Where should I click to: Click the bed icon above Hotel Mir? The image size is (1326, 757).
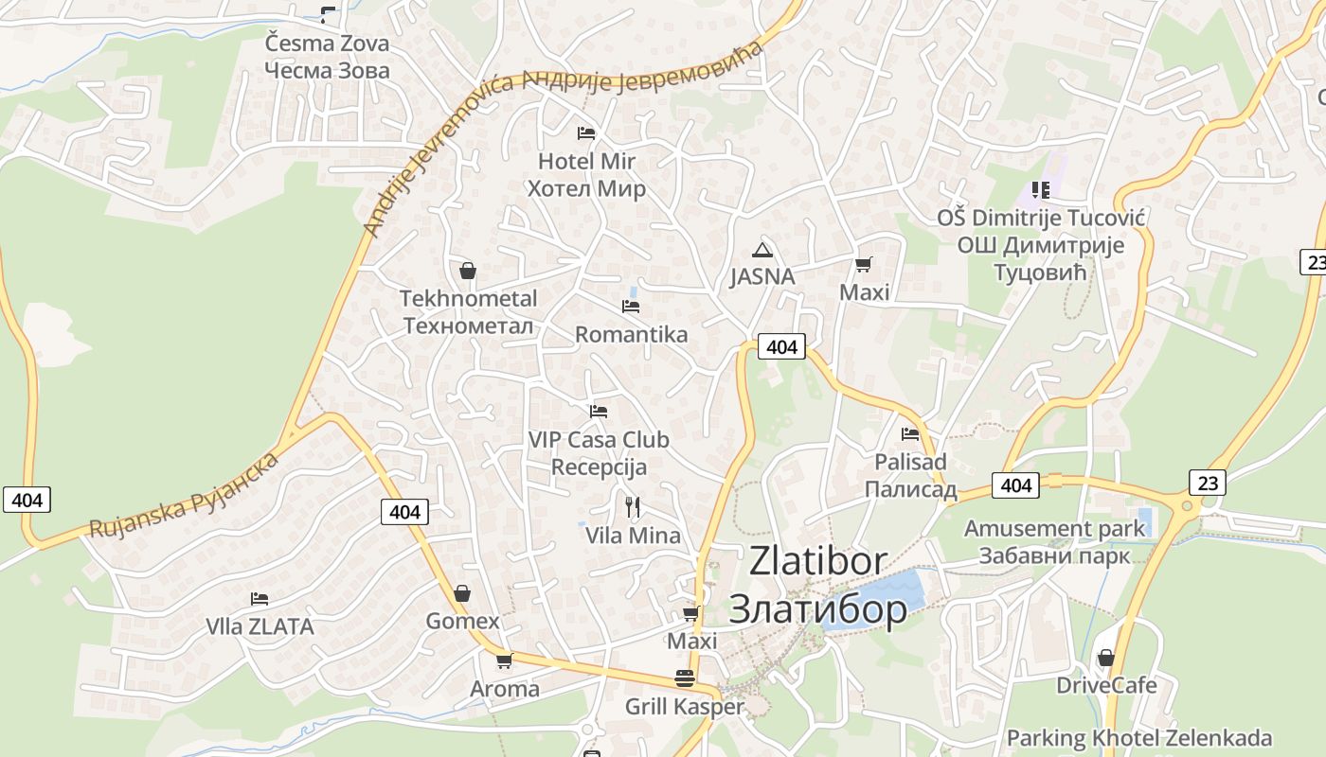pyautogui.click(x=586, y=132)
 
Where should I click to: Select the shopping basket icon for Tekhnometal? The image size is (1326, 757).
pyautogui.click(x=467, y=272)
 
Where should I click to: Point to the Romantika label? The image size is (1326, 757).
pyautogui.click(x=631, y=334)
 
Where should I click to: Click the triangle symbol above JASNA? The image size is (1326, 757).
pyautogui.click(x=762, y=251)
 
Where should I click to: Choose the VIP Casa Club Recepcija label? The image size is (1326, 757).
pyautogui.click(x=599, y=453)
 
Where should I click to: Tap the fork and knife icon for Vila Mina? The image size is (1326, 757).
pyautogui.click(x=633, y=508)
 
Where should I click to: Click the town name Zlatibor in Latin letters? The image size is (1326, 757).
pyautogui.click(x=818, y=560)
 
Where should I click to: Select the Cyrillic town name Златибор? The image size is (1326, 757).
pyautogui.click(x=817, y=609)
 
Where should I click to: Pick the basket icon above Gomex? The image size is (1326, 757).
pyautogui.click(x=462, y=593)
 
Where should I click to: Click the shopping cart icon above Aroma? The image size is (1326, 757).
pyautogui.click(x=504, y=660)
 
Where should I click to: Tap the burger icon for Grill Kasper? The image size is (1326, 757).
pyautogui.click(x=685, y=678)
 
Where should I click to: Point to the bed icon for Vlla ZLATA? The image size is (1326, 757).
pyautogui.click(x=260, y=598)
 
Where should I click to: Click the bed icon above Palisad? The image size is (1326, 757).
pyautogui.click(x=910, y=434)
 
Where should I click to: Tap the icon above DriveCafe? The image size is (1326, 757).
pyautogui.click(x=1105, y=658)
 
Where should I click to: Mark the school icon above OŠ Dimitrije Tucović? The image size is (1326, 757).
pyautogui.click(x=1041, y=190)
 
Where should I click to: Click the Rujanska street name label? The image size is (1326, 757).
pyautogui.click(x=184, y=495)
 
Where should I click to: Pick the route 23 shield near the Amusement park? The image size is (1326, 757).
pyautogui.click(x=1208, y=483)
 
